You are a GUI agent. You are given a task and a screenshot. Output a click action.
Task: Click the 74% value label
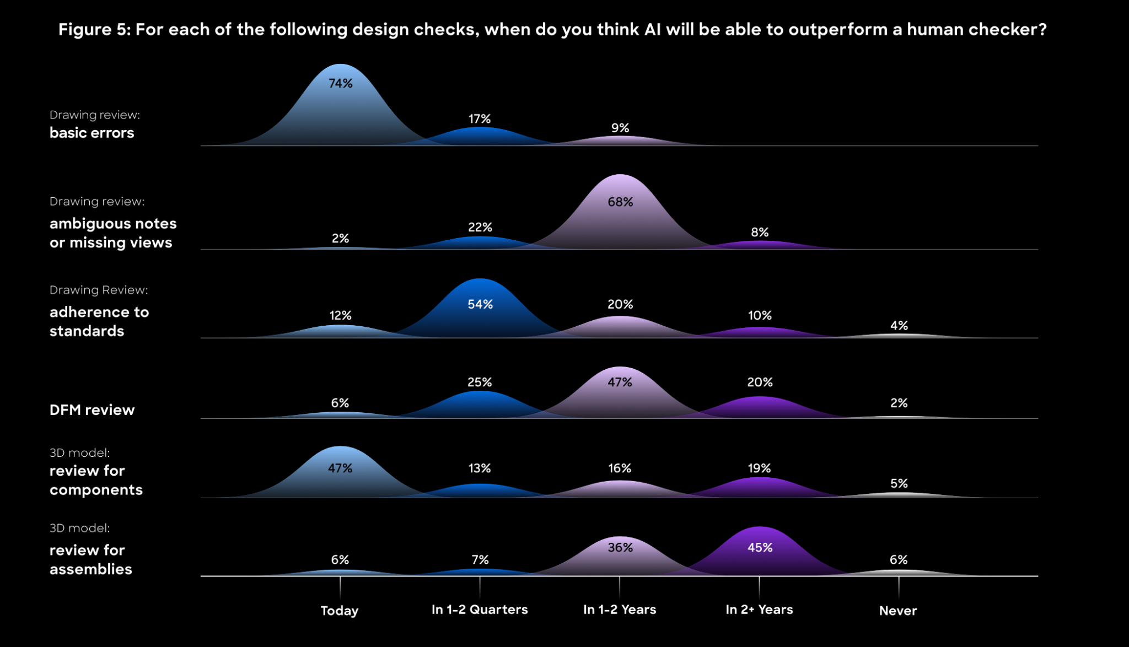pyautogui.click(x=340, y=83)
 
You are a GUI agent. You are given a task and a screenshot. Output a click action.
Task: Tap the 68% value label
pyautogui.click(x=620, y=202)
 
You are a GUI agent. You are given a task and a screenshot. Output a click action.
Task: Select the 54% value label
pyautogui.click(x=480, y=304)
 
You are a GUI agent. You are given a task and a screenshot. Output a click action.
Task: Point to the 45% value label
pyautogui.click(x=760, y=547)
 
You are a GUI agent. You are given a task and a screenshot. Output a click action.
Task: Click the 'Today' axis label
pyautogui.click(x=340, y=611)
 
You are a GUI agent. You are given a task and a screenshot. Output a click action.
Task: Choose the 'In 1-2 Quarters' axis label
pyautogui.click(x=480, y=610)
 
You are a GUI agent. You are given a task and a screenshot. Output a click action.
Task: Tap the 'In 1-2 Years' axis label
pyautogui.click(x=620, y=610)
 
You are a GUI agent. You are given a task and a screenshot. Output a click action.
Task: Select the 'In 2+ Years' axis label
pyautogui.click(x=759, y=610)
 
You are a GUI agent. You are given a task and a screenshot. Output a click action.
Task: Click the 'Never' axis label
pyautogui.click(x=898, y=611)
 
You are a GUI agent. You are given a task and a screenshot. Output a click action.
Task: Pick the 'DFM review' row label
pyautogui.click(x=92, y=410)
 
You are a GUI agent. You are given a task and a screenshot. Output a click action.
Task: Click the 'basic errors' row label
pyautogui.click(x=92, y=133)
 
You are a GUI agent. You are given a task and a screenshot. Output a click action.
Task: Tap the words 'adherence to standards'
pyautogui.click(x=99, y=321)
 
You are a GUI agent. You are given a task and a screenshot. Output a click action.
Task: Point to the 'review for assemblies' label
pyautogui.click(x=91, y=559)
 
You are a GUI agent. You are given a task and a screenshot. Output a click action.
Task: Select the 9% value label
pyautogui.click(x=620, y=128)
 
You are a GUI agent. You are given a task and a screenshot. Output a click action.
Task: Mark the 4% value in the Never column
pyautogui.click(x=899, y=326)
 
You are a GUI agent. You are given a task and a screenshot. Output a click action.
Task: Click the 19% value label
pyautogui.click(x=759, y=468)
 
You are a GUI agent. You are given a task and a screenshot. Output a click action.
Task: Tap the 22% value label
pyautogui.click(x=480, y=227)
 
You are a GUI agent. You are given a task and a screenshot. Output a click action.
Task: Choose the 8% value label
pyautogui.click(x=760, y=232)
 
